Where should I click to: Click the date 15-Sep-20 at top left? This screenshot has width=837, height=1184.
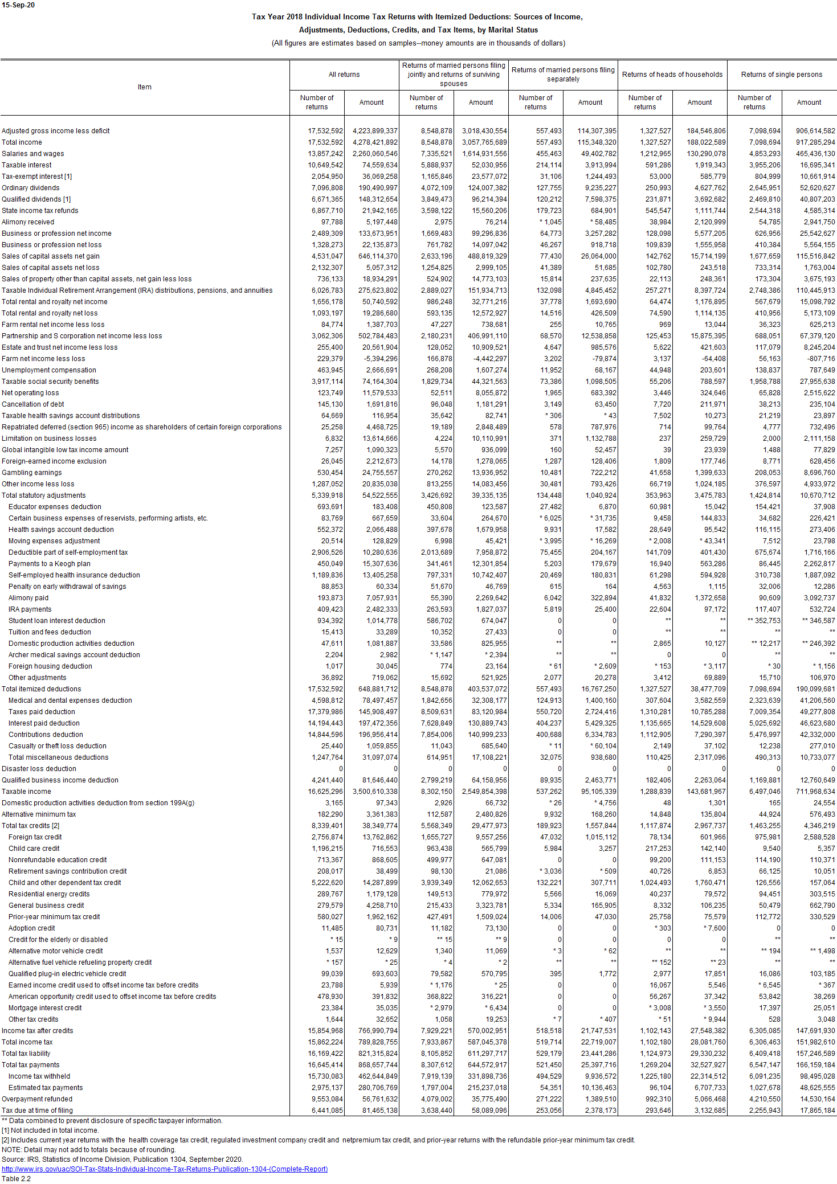click(x=18, y=5)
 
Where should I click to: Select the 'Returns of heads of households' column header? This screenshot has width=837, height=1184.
click(x=672, y=75)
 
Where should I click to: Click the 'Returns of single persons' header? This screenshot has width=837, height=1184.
click(x=781, y=75)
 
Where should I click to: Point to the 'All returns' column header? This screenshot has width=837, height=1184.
click(x=344, y=75)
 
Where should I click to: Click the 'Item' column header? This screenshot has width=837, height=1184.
click(x=145, y=87)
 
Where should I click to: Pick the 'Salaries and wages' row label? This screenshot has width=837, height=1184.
click(x=33, y=154)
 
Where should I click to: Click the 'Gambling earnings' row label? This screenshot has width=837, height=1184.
click(x=32, y=473)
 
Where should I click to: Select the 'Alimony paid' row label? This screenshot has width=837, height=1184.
click(x=28, y=598)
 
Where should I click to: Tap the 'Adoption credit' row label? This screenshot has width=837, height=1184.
click(x=32, y=928)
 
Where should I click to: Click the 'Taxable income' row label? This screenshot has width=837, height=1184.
click(x=26, y=792)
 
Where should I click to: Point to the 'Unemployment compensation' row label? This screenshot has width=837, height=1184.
click(x=49, y=370)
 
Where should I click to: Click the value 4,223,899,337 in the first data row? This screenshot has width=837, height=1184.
click(x=375, y=131)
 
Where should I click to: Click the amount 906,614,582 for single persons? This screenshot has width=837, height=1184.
click(x=815, y=131)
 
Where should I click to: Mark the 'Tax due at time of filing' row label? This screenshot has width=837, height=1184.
click(x=37, y=1111)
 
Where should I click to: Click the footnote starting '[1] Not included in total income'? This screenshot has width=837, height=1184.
click(x=50, y=1130)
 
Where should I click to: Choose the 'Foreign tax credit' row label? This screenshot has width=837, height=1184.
click(x=35, y=837)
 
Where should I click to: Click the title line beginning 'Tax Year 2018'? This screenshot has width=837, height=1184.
click(x=417, y=17)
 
